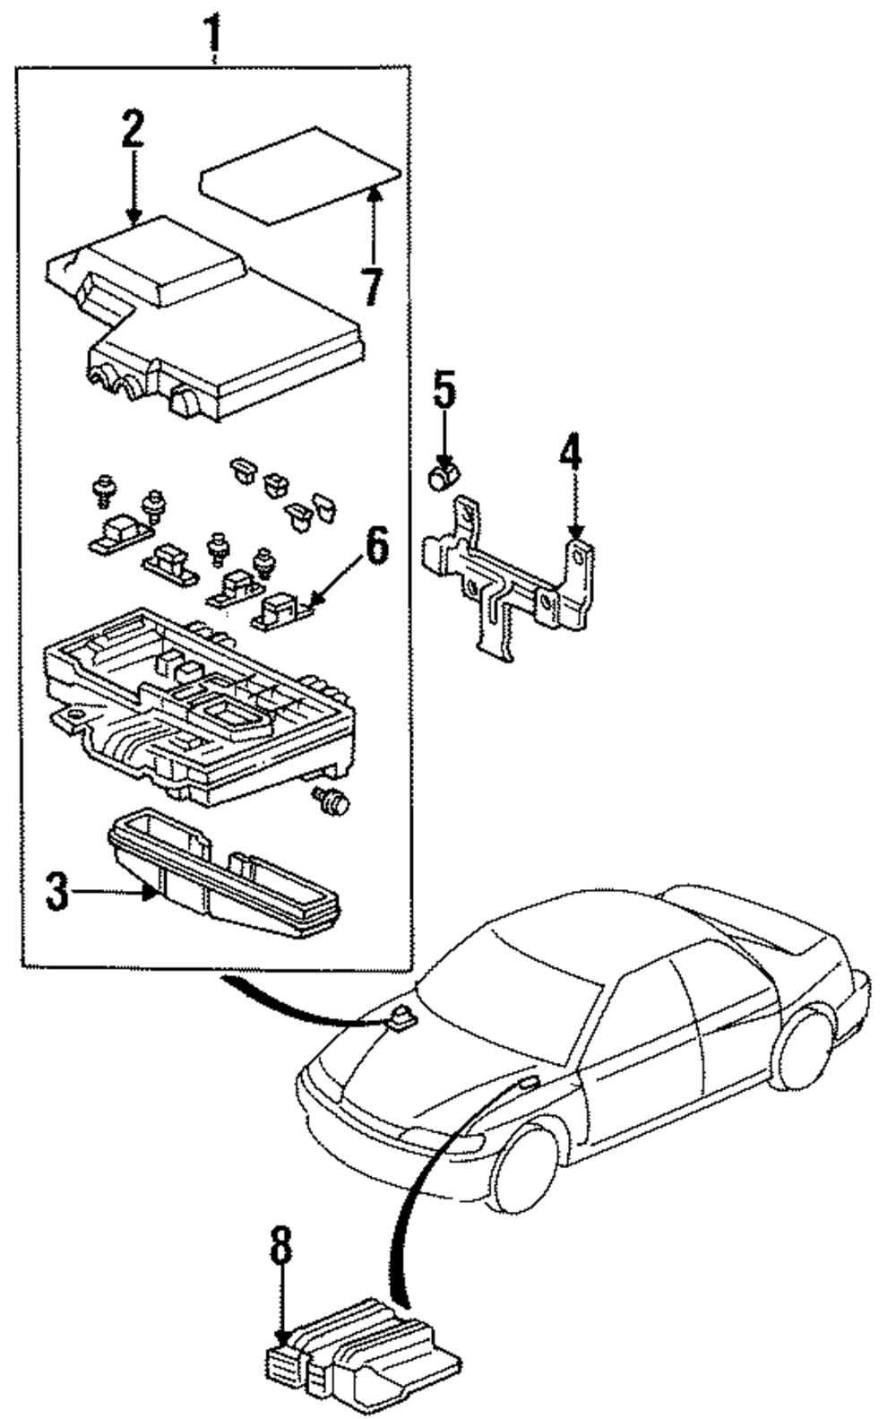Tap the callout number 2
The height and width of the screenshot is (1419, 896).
133,129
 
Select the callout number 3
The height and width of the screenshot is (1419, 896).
57,892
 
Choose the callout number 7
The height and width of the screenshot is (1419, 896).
373,288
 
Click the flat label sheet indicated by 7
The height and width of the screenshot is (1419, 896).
300,176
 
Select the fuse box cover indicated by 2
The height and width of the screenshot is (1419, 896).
206,318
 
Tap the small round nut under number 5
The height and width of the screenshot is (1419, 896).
444,477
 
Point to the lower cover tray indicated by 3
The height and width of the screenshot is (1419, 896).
224,873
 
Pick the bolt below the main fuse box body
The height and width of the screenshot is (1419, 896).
332,800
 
